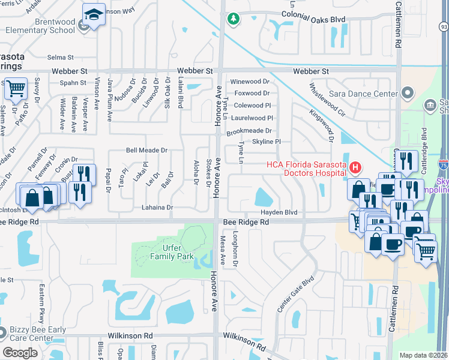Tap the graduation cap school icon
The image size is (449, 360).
pyautogui.click(x=93, y=14)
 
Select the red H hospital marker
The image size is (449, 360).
pyautogui.click(x=355, y=166)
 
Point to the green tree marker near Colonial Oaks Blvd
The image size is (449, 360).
pyautogui.click(x=233, y=19)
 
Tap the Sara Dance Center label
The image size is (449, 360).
pyautogui.click(x=364, y=94)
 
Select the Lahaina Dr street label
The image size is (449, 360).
pyautogui.click(x=153, y=208)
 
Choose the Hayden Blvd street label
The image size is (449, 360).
pyautogui.click(x=279, y=212)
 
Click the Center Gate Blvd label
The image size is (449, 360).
pyautogui.click(x=296, y=295)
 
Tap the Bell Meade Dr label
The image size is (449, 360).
pyautogui.click(x=146, y=151)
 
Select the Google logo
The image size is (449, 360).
pyautogui.click(x=20, y=352)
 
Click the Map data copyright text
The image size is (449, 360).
pyautogui.click(x=424, y=355)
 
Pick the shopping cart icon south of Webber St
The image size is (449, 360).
pyautogui.click(x=16, y=89)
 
